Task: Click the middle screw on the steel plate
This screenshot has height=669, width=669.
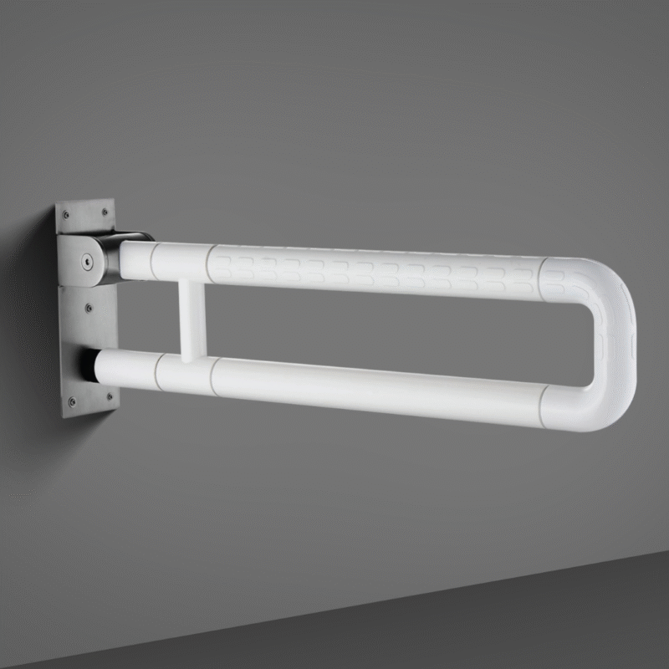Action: click(x=89, y=309)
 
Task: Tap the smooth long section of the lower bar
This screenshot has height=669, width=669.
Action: click(x=376, y=386)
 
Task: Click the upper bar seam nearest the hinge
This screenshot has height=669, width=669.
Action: click(x=153, y=261)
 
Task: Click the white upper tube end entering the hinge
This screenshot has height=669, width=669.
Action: click(x=134, y=258)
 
